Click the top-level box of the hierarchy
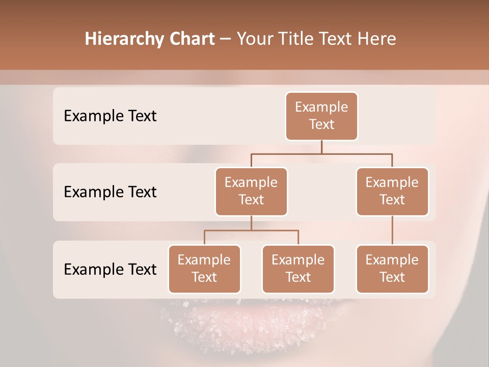point(321,116)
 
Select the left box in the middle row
point(251,192)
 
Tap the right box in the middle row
point(392,192)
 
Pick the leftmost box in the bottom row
point(204,269)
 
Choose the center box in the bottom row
point(298,269)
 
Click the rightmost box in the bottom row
point(392,269)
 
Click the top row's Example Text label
point(110,116)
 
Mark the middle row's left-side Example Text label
point(110,192)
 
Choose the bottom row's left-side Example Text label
point(110,269)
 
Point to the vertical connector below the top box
point(321,147)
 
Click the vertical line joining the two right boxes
point(392,230)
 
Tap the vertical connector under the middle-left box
point(251,223)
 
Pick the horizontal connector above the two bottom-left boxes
point(251,230)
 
